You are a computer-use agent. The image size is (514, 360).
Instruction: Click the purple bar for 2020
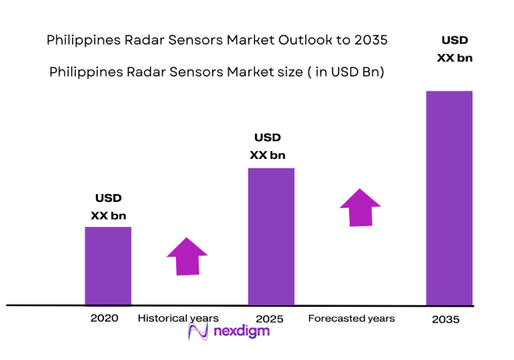point(108,265)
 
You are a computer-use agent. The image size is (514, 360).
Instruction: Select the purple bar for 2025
point(271,236)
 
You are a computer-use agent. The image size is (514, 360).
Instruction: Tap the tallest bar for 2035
point(449,197)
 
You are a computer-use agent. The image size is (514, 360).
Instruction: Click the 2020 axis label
point(104,319)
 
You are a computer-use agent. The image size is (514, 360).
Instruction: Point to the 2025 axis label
point(268,319)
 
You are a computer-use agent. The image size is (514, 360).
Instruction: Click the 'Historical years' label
point(178,319)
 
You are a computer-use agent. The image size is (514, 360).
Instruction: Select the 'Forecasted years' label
point(351,319)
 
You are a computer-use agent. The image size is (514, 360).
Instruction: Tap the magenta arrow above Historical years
point(187,256)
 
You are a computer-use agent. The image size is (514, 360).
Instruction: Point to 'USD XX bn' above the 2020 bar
point(108,207)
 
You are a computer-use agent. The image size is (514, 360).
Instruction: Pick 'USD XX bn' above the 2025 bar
point(268,146)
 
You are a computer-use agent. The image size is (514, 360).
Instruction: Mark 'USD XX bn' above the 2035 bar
point(455,49)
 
